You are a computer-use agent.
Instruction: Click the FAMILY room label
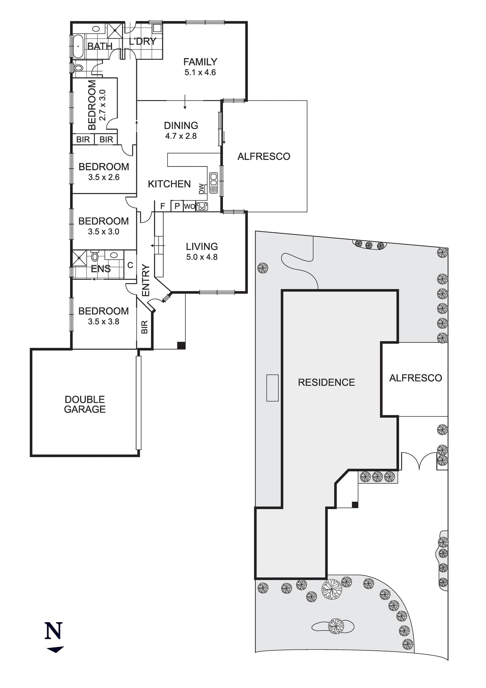200,62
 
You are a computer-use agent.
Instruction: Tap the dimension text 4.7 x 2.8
181,136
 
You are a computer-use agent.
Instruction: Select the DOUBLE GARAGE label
85,404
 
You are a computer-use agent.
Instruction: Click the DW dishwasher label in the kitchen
201,189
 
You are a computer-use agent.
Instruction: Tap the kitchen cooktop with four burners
202,206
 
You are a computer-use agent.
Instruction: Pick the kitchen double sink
214,182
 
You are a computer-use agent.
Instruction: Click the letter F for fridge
163,206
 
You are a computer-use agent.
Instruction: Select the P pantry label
177,206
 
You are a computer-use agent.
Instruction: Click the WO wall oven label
190,207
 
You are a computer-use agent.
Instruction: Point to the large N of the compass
54,631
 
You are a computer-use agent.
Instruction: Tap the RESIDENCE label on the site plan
326,383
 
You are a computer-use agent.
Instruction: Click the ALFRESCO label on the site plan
415,378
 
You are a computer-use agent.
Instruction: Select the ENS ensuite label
101,269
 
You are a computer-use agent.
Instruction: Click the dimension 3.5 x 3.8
104,322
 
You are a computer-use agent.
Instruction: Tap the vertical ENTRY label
146,280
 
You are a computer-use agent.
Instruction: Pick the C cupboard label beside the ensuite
130,265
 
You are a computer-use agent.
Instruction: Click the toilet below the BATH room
78,68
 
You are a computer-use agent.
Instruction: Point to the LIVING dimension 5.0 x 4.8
202,257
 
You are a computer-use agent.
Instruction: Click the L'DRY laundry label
143,41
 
